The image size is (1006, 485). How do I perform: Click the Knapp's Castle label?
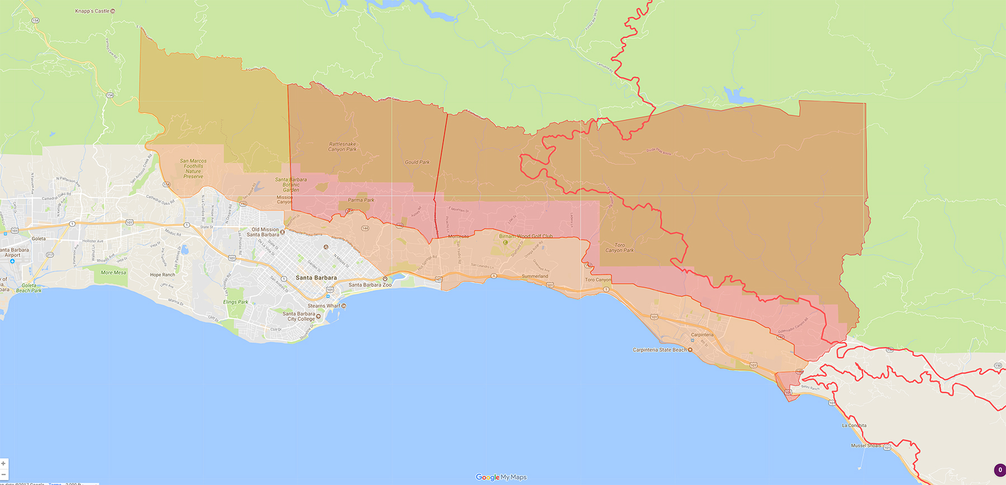(x=93, y=11)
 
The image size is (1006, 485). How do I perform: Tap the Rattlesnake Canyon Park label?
(x=342, y=147)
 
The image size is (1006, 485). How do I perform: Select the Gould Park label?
(x=417, y=162)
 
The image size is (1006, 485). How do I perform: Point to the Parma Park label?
(x=361, y=200)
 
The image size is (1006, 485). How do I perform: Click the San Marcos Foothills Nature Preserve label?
(x=193, y=168)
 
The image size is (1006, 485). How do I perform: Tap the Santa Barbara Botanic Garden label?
(x=291, y=185)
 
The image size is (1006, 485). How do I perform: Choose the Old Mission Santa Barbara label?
(x=264, y=232)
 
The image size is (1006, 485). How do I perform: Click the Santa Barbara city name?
(x=316, y=277)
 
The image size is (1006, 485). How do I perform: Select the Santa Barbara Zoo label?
(x=369, y=285)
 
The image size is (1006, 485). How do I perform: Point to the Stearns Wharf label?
(x=324, y=306)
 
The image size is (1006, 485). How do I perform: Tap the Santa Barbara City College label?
(x=299, y=317)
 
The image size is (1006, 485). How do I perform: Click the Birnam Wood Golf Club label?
(x=525, y=236)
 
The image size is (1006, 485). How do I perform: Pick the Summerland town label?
(x=534, y=276)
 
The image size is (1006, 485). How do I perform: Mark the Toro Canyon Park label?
(x=619, y=248)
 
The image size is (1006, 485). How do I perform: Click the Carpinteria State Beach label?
(x=659, y=350)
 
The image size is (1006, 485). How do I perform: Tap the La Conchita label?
(x=854, y=425)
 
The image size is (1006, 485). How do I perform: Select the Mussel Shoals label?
(x=866, y=446)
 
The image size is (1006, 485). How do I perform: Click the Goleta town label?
(x=39, y=238)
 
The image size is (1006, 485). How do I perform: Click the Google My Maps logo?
(x=501, y=477)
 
